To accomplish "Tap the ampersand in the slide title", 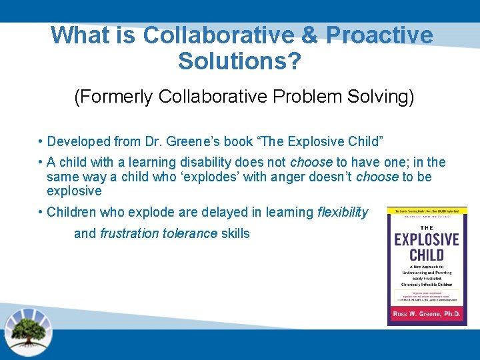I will [308, 35].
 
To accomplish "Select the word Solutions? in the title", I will [240, 61].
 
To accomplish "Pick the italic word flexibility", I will [343, 212].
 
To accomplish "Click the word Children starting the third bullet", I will [72, 212].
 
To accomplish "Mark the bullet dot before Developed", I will [41, 141].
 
